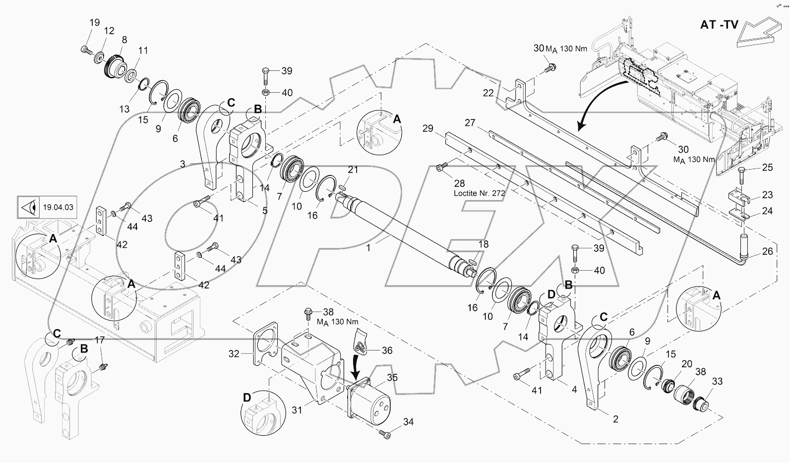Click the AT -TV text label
tap(719, 24)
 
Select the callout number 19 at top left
tap(95, 22)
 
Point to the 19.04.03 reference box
tap(47, 207)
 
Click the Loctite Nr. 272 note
tap(479, 193)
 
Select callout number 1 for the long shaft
tap(368, 248)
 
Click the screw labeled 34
tap(385, 434)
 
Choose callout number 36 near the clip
tap(386, 350)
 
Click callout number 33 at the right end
tap(717, 382)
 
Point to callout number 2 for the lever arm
tap(615, 419)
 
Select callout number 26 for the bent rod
tap(767, 251)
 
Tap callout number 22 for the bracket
tap(488, 93)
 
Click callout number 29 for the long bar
tap(427, 129)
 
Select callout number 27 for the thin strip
tap(470, 122)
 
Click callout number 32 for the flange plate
tap(234, 353)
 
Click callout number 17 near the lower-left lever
tap(100, 340)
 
